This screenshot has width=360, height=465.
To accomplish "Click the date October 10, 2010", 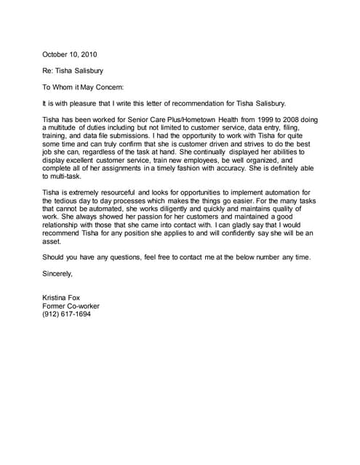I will tap(69, 54).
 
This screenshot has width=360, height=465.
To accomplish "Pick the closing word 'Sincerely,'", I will tap(58, 273).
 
